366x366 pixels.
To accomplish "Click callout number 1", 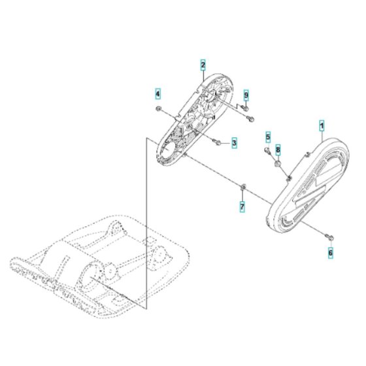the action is tap(322, 126).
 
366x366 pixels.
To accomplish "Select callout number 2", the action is tap(203, 65).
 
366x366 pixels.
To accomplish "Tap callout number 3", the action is tap(234, 142).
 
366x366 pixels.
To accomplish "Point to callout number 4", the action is tap(158, 94).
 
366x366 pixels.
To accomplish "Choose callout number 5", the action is tap(268, 137).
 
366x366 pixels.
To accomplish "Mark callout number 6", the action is tap(331, 253).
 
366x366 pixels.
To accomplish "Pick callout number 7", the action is tap(242, 207).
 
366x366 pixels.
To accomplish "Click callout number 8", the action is tap(278, 150).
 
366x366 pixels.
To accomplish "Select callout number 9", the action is tap(246, 95).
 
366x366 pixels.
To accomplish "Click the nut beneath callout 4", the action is tap(158, 108).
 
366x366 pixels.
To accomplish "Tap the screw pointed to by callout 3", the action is tap(215, 142).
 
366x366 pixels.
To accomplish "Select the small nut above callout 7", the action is tap(242, 186).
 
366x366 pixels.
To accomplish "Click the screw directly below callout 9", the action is tap(244, 107).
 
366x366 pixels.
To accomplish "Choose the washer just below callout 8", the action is tap(277, 164).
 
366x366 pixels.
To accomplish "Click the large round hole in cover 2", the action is tap(167, 150).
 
